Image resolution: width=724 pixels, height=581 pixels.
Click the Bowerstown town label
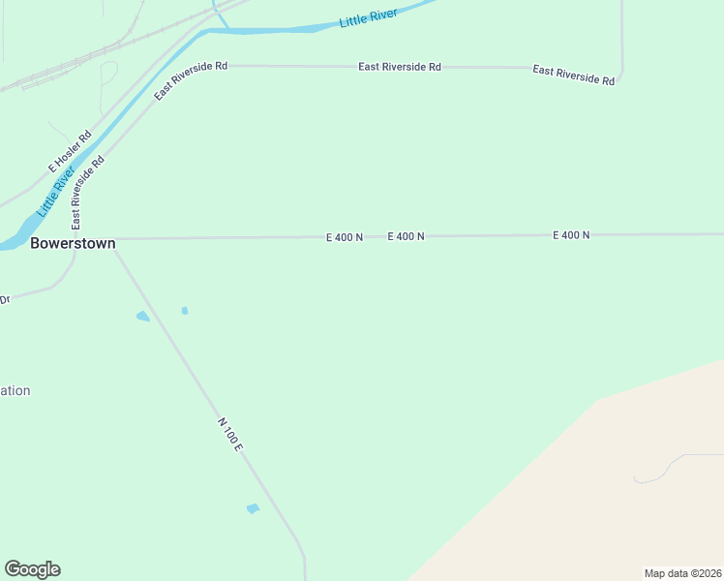[73, 243]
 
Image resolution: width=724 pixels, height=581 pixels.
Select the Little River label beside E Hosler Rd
[56, 192]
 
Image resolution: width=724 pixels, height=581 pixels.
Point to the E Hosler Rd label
[71, 153]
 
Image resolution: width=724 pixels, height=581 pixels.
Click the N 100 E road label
[229, 437]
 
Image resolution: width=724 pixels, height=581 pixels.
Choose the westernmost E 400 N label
[345, 237]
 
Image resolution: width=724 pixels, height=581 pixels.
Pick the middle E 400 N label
[407, 236]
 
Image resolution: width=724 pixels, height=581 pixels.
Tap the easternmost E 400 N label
[571, 235]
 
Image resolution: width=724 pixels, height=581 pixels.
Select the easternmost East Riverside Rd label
[573, 75]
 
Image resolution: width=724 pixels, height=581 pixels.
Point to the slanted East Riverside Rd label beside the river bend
[191, 80]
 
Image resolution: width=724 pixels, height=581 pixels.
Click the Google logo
[32, 569]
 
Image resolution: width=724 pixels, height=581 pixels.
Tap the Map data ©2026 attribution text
[682, 573]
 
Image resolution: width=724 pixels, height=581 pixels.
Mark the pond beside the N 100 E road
[254, 508]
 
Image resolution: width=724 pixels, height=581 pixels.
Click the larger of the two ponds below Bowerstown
[143, 317]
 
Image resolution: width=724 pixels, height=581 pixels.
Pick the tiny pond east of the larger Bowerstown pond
[184, 311]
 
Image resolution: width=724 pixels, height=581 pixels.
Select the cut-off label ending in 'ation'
[15, 391]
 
